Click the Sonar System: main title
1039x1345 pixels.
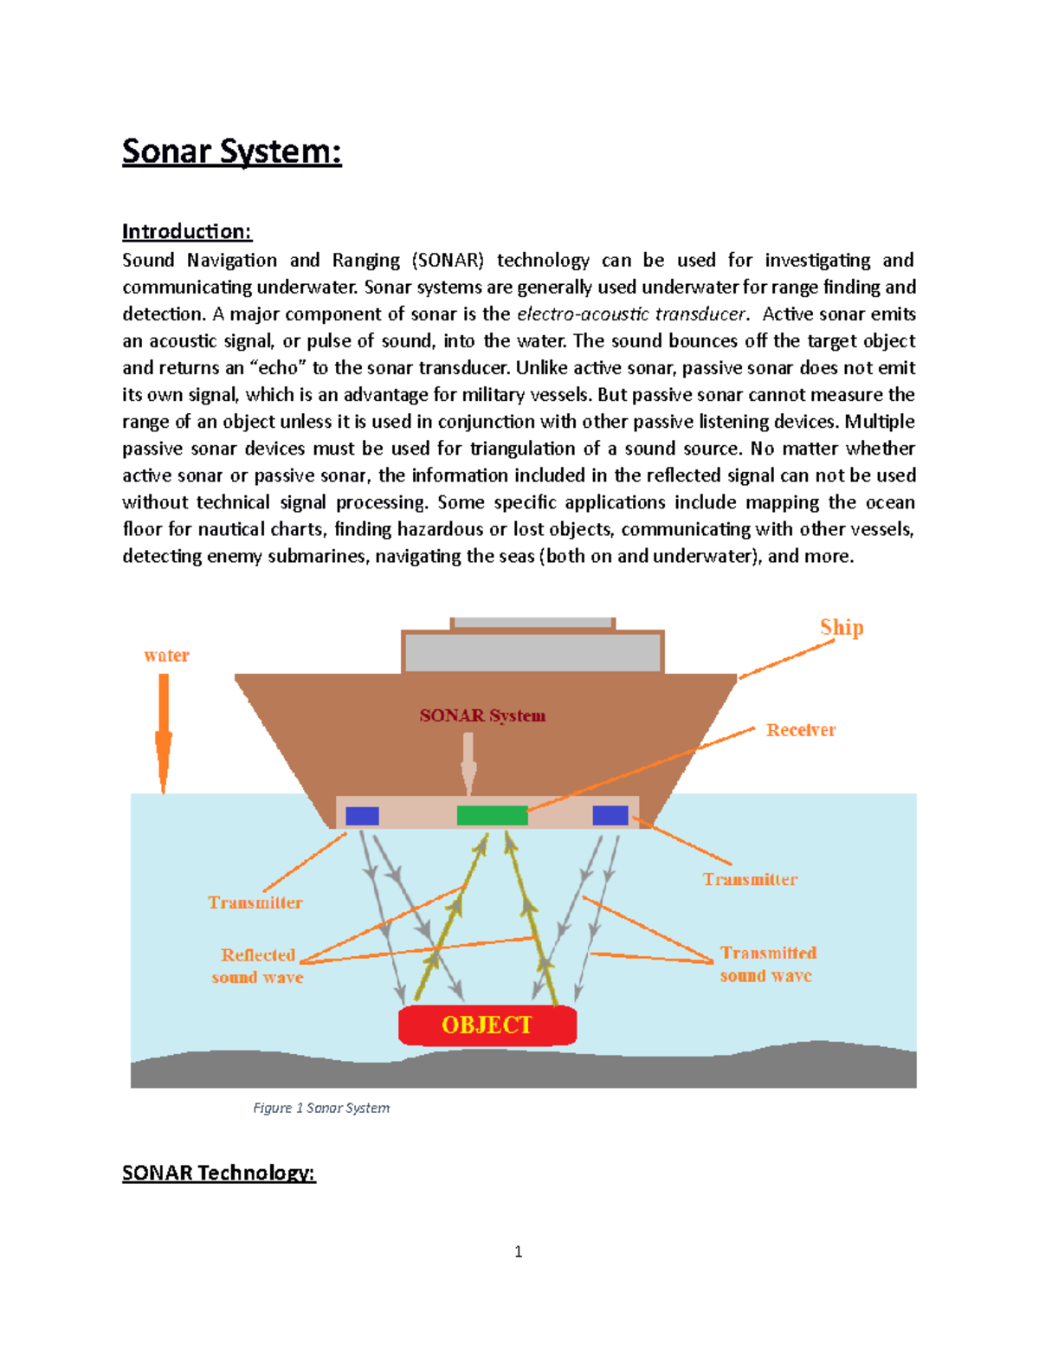coord(231,152)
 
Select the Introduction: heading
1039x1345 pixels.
coord(186,231)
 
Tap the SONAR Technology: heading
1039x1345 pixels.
coord(218,1173)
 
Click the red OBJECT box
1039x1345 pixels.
coord(487,1025)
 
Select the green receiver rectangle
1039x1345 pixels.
coord(492,815)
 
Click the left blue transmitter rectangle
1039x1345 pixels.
coord(362,816)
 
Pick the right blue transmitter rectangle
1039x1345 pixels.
coord(610,815)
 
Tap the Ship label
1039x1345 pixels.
coord(842,627)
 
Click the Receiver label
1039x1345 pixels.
coord(801,730)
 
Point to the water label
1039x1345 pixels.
coord(166,656)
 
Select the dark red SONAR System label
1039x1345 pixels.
coord(482,715)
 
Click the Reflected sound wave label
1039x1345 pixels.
coord(257,966)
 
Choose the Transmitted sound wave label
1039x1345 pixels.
coord(768,964)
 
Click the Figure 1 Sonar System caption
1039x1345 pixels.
coord(321,1108)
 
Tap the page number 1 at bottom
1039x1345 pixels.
coord(519,1251)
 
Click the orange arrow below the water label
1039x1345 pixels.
coord(163,733)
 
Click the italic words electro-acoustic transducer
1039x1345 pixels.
coord(630,314)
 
